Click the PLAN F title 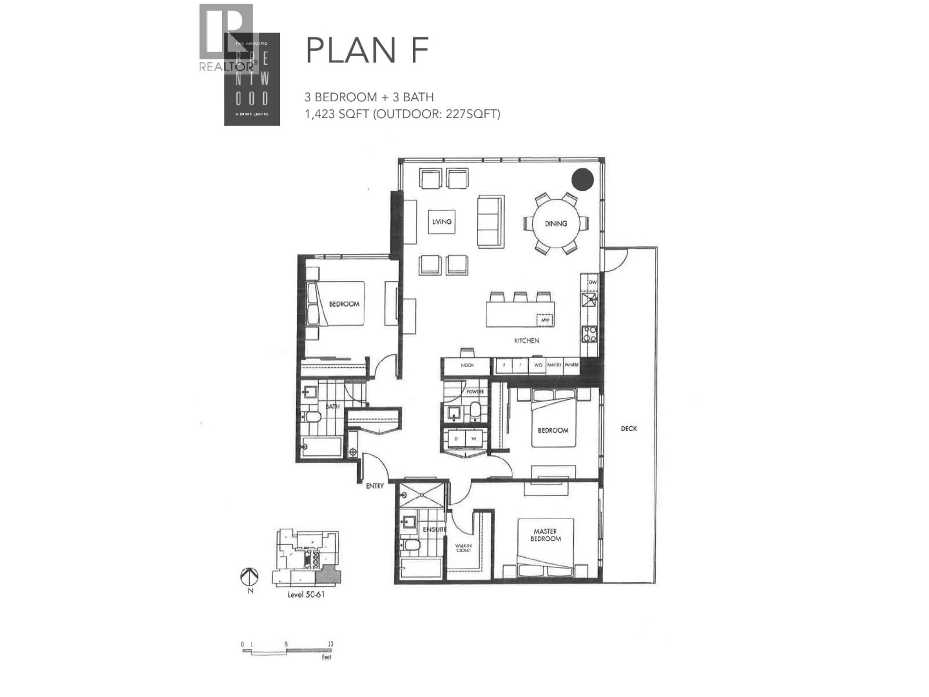coord(367,50)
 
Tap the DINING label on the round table coord(556,224)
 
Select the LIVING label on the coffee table coord(442,221)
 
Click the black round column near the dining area coord(583,179)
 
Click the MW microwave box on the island coord(545,320)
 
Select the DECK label coord(629,429)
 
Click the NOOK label coord(467,365)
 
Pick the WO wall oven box coord(538,365)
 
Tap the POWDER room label coord(475,392)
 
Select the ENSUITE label coord(434,529)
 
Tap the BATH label coord(332,406)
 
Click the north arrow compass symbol coord(249,577)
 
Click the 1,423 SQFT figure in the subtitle coord(337,114)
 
